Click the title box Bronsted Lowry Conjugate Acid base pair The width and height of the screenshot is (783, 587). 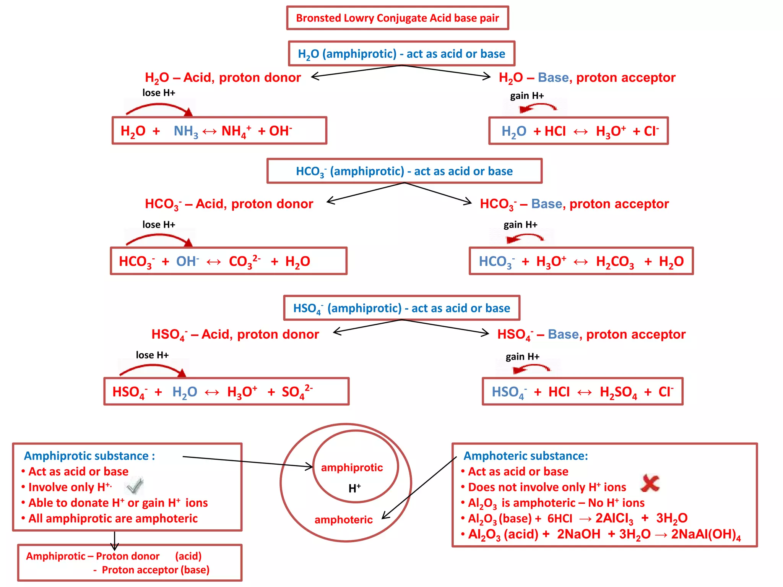[397, 18]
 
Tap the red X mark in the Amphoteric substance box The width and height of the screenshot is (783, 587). [650, 483]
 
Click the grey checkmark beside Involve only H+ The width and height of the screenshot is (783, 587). [135, 486]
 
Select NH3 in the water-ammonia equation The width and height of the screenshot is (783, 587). [186, 131]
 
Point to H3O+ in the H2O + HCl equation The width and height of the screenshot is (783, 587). [611, 131]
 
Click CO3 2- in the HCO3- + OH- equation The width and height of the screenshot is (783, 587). [244, 261]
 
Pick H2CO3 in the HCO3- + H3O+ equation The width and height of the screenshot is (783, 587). [615, 261]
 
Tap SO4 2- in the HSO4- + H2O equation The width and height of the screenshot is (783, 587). [297, 392]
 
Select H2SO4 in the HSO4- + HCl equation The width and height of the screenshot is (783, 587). [618, 392]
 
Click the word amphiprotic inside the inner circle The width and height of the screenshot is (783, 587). [352, 467]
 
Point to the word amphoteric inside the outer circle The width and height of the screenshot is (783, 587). [343, 519]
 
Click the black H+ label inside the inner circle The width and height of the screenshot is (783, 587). [354, 488]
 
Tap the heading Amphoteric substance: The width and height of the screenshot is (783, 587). [525, 456]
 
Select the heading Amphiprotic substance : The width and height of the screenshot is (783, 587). [89, 456]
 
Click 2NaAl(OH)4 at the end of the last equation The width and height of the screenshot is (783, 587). [706, 534]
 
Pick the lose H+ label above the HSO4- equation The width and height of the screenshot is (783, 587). [152, 355]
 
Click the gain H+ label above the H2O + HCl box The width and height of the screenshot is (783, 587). [527, 96]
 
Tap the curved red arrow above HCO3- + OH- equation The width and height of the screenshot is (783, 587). [159, 239]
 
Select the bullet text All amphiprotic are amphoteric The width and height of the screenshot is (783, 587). [113, 518]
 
